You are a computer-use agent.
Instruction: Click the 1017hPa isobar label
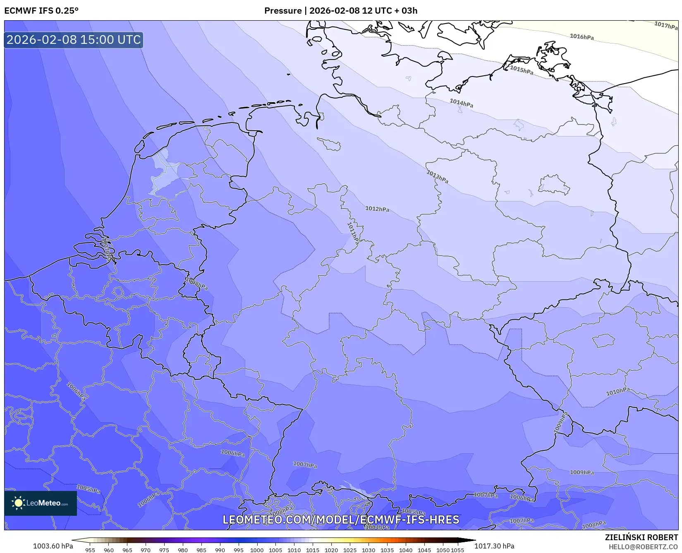click(x=666, y=25)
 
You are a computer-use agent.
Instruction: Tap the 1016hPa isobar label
click(x=581, y=37)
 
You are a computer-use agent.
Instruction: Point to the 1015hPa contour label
click(x=522, y=70)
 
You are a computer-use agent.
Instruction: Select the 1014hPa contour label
click(x=461, y=103)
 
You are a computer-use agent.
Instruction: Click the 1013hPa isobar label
click(x=437, y=177)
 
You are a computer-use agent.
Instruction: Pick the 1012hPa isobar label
click(x=377, y=209)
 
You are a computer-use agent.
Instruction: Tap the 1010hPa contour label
click(x=618, y=391)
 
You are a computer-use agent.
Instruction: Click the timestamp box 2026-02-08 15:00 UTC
click(x=74, y=40)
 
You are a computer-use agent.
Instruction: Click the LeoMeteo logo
click(x=41, y=503)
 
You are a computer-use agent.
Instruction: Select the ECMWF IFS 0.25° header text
click(x=41, y=11)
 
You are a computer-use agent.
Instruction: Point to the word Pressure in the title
click(x=283, y=11)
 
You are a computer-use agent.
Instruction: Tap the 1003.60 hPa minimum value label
click(x=53, y=546)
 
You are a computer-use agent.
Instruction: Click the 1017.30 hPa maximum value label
click(x=494, y=546)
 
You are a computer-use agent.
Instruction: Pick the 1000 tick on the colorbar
click(x=257, y=550)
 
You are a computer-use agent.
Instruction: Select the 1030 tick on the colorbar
click(x=368, y=550)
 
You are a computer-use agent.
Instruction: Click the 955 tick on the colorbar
click(x=90, y=550)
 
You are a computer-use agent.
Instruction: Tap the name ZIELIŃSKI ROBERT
click(x=641, y=538)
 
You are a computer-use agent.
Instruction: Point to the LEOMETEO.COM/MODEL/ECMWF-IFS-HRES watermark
click(x=341, y=519)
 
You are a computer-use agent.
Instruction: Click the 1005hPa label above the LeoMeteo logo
click(x=88, y=489)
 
